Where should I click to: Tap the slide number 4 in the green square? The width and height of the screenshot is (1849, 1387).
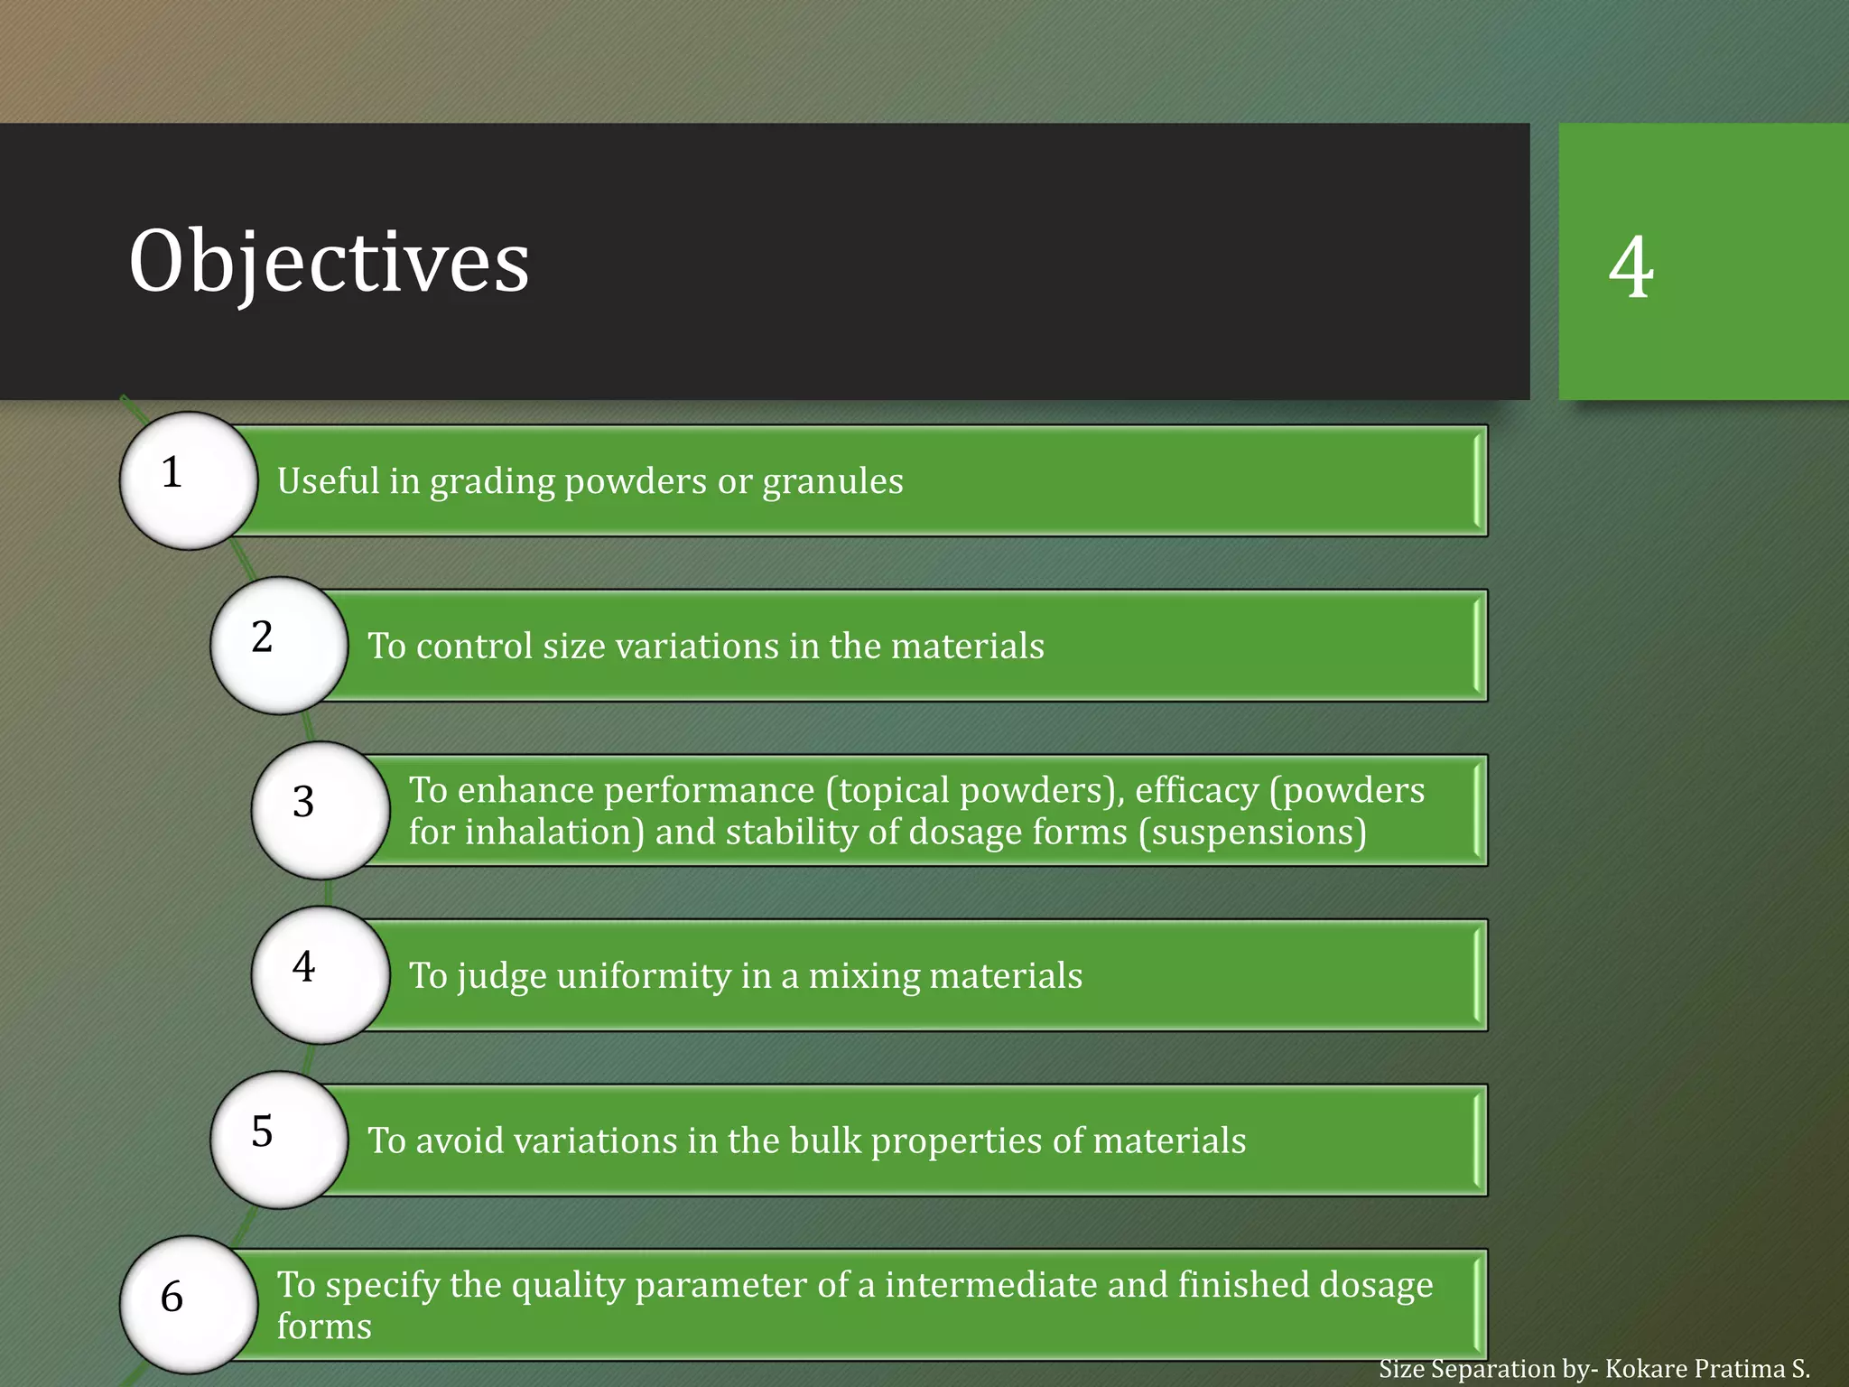pos(1631,267)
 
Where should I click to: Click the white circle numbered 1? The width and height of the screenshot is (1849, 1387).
pos(189,480)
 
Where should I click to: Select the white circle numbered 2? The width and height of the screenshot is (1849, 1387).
pos(279,646)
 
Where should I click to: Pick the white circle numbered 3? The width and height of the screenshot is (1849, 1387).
pos(321,810)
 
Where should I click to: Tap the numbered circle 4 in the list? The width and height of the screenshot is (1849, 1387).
pos(321,975)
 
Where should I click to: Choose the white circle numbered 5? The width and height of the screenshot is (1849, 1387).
pos(279,1140)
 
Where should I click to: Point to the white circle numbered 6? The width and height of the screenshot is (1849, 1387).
pos(189,1305)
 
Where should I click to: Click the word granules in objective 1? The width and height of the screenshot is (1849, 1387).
pos(832,481)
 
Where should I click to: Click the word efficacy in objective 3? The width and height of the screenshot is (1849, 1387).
pos(1196,791)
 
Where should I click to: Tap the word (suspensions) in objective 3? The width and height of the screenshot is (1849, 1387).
pos(1252,833)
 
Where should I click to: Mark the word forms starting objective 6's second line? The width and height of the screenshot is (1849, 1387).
pos(324,1326)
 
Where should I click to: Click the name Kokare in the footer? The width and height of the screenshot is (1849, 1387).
pos(1645,1369)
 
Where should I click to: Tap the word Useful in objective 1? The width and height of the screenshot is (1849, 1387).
pos(328,481)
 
